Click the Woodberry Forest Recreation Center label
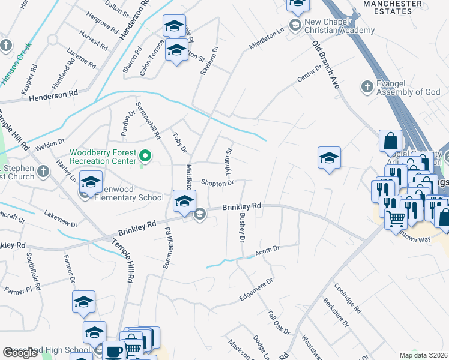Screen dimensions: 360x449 (x=103, y=157)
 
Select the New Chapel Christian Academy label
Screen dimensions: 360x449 (x=339, y=26)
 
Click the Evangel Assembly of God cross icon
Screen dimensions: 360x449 (x=367, y=88)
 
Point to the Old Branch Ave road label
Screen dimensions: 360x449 (x=326, y=65)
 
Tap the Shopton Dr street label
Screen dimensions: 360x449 (x=217, y=182)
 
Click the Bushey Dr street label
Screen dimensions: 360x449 (x=243, y=227)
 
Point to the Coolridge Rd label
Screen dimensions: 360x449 (x=348, y=298)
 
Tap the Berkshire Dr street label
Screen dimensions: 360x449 (x=336, y=313)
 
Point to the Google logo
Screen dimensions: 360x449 (x=20, y=353)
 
